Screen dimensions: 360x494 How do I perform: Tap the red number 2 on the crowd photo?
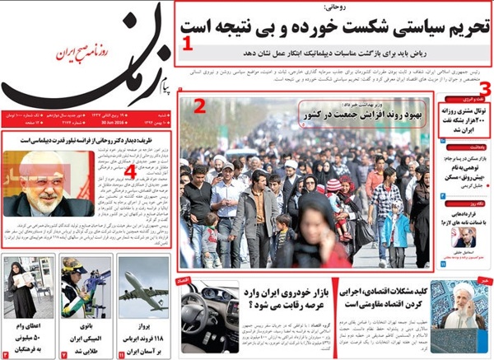point(199,105)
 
